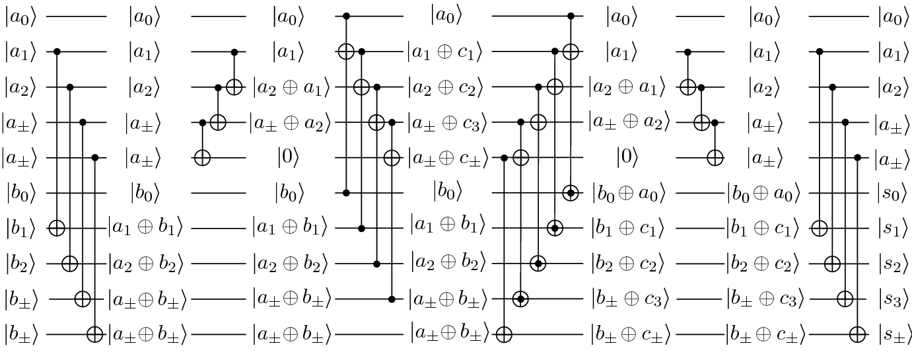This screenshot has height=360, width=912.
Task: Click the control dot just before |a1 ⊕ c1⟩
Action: pyautogui.click(x=361, y=52)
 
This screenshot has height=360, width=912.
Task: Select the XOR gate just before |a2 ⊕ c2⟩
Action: pyautogui.click(x=361, y=87)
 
